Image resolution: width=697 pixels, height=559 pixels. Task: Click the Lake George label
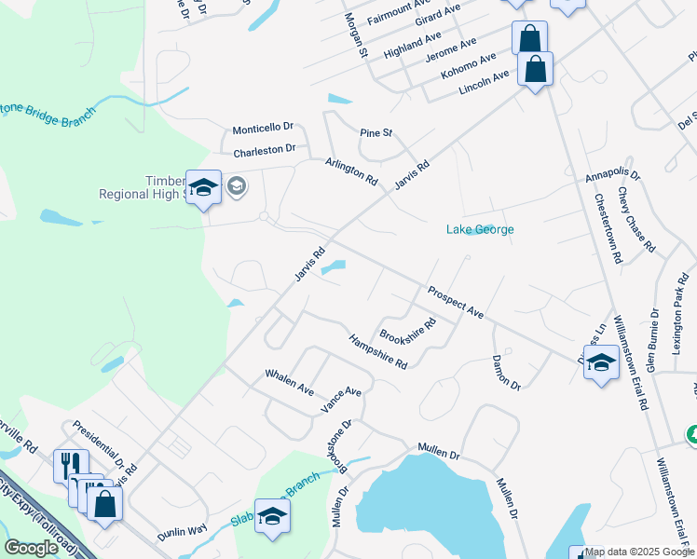(x=480, y=229)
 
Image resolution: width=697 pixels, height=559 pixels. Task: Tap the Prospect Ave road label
(x=456, y=303)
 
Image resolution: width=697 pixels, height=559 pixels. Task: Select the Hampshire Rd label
(x=377, y=351)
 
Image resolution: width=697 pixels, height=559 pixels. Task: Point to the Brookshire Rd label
(x=407, y=331)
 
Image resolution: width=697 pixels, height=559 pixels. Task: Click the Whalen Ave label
(x=289, y=383)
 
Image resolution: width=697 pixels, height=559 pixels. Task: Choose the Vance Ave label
(x=340, y=400)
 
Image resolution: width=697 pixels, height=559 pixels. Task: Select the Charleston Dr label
(x=264, y=148)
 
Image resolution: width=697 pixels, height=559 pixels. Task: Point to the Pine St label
(x=376, y=133)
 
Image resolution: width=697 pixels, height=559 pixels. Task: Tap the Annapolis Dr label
(x=613, y=175)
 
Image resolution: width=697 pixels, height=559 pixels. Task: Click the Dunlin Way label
(x=181, y=530)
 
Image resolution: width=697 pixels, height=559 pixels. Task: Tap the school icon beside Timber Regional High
(x=203, y=189)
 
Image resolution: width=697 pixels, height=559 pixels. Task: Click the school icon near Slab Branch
(x=272, y=518)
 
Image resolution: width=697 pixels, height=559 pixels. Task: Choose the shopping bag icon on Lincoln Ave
(x=535, y=69)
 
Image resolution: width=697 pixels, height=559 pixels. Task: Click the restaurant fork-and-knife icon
(x=71, y=465)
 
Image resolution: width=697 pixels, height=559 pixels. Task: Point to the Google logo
(x=32, y=548)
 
